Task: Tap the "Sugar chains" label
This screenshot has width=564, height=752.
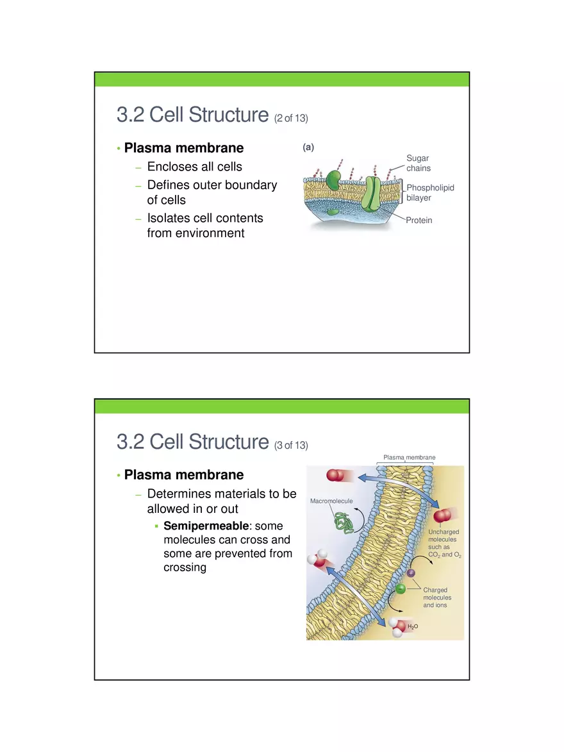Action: point(418,163)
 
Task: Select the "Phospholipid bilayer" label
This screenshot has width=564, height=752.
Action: point(430,193)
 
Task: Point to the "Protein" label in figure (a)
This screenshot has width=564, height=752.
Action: point(419,220)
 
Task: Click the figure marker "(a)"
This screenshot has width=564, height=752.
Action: point(308,147)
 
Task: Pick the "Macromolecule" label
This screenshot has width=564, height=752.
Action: point(331,499)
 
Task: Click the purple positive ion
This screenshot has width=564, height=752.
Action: point(411,572)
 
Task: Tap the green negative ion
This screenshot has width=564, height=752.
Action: point(400,589)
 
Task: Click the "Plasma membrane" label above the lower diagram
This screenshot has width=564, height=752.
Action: point(409,457)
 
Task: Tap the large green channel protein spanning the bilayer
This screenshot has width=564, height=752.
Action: point(372,190)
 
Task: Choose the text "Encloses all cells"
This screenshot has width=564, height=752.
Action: point(195,167)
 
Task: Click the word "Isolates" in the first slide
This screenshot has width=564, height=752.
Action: point(168,218)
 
